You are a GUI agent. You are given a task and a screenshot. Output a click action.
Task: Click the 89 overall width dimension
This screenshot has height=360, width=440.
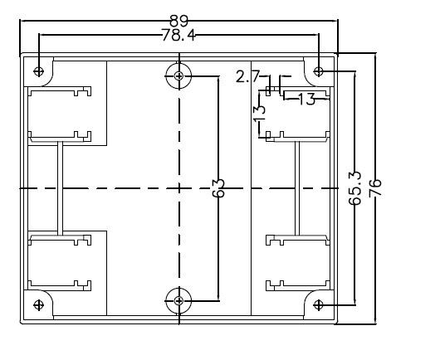click(179, 21)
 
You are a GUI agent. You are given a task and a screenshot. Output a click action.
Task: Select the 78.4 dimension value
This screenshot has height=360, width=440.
click(178, 36)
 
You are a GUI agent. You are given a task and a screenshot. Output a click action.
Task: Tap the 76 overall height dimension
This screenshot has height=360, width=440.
click(375, 187)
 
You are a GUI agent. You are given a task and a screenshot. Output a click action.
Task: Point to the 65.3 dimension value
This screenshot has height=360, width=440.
click(355, 188)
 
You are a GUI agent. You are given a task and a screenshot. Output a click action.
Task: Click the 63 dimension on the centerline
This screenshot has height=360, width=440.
click(218, 188)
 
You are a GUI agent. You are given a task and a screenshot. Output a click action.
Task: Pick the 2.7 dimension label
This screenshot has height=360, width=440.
click(247, 76)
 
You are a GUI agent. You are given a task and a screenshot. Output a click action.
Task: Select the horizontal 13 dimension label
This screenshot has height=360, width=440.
click(306, 99)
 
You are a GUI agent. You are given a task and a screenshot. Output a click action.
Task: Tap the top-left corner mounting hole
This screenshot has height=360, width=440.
click(38, 71)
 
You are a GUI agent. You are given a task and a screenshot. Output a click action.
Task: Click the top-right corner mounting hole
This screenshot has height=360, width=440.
click(318, 71)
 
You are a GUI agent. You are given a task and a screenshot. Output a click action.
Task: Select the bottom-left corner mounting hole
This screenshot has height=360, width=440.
click(38, 304)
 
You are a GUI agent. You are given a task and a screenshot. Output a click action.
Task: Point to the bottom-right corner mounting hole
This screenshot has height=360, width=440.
click(318, 304)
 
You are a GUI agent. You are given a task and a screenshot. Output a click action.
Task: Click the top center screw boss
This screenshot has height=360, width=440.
click(178, 76)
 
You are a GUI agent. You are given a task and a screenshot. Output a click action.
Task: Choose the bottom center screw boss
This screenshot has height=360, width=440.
click(178, 301)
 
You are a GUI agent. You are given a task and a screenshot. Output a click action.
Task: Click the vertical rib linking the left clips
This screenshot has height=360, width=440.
click(60, 188)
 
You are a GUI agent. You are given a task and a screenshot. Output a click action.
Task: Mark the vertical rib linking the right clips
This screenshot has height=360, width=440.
click(297, 188)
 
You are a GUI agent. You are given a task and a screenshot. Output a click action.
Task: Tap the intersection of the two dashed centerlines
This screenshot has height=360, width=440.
click(179, 188)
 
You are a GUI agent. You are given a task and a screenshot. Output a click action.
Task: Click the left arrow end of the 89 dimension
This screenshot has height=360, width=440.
click(21, 21)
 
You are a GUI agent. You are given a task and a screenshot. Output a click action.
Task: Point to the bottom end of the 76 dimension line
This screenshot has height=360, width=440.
click(375, 324)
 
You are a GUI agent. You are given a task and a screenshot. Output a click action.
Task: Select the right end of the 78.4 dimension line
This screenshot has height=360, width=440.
click(319, 35)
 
